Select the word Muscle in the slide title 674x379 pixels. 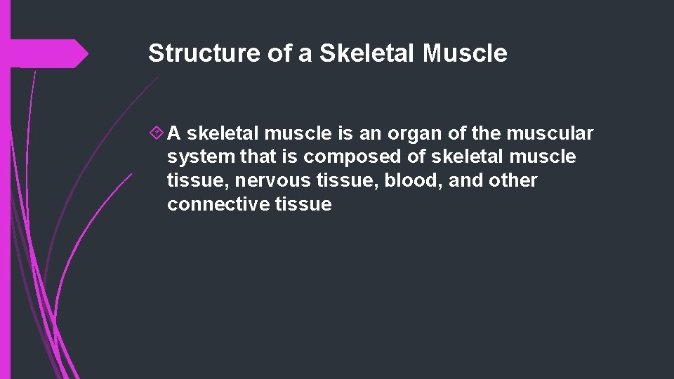[x=465, y=53]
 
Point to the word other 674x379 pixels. [x=513, y=181]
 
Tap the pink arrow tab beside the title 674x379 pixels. [x=49, y=53]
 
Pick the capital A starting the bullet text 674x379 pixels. [x=175, y=133]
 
